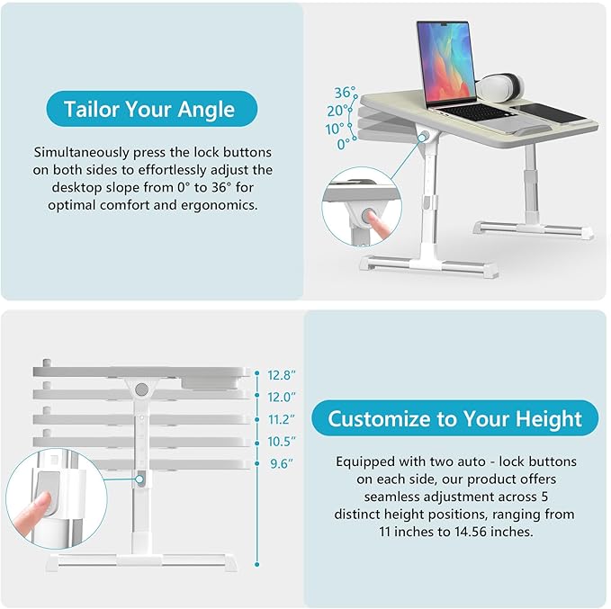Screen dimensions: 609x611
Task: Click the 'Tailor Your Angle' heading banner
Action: [x=149, y=111]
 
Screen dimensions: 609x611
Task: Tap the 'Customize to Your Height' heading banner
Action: [x=454, y=418]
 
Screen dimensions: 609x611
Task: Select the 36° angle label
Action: [x=346, y=92]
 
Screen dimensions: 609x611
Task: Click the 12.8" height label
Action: [x=281, y=374]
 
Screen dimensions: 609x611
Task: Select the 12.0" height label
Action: [x=281, y=397]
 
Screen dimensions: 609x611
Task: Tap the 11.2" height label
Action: [x=281, y=419]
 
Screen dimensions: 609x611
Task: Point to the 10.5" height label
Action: [x=281, y=442]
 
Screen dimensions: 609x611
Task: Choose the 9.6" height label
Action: [x=281, y=464]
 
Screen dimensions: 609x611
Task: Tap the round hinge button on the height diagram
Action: [x=142, y=390]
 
